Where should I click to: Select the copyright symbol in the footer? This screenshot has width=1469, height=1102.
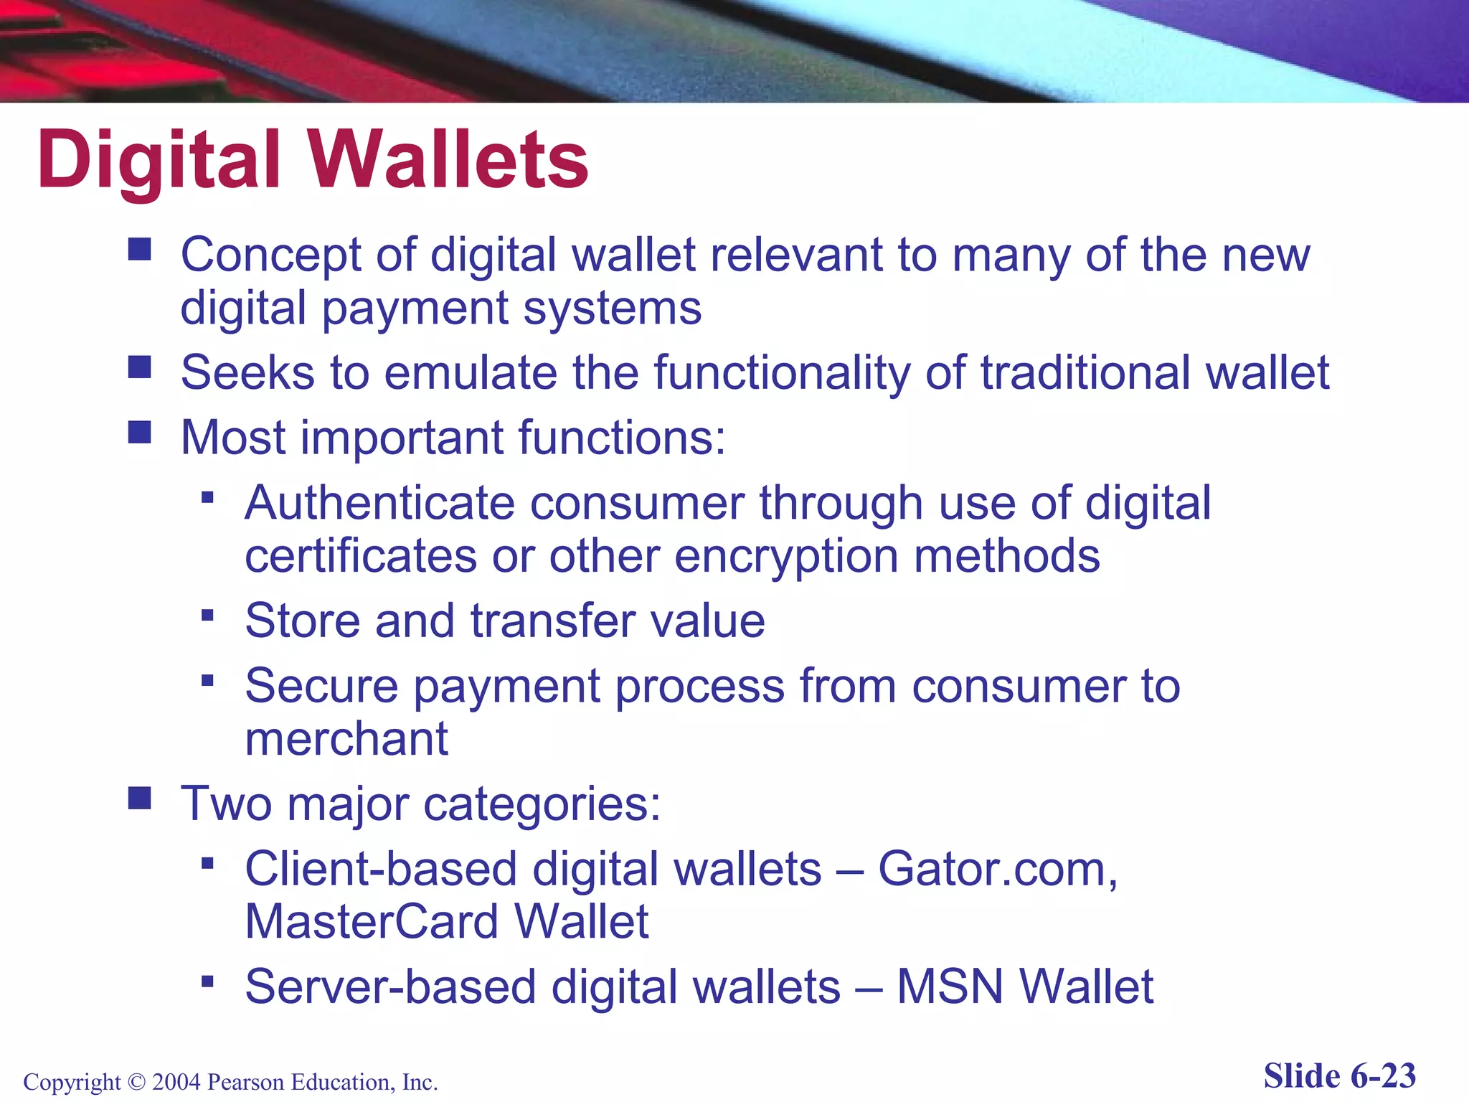pos(136,1081)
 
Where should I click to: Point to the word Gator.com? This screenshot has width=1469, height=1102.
pos(997,869)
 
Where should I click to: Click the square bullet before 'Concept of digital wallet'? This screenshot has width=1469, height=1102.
pos(139,249)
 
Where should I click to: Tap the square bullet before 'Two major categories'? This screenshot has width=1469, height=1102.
pos(139,798)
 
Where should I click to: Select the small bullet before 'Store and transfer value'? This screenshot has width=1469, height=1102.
pos(207,615)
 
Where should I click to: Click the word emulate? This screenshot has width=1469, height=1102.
pos(471,372)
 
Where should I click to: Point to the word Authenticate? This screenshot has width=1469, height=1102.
pos(379,503)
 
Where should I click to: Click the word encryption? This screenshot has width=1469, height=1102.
pos(786,556)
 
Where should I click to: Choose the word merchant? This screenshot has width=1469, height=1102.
pos(346,739)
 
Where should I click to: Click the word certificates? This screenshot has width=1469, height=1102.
pos(361,556)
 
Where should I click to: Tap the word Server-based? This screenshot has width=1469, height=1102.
pos(390,986)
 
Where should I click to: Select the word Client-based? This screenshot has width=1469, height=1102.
pos(380,869)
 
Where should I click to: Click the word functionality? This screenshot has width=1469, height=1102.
pos(782,372)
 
